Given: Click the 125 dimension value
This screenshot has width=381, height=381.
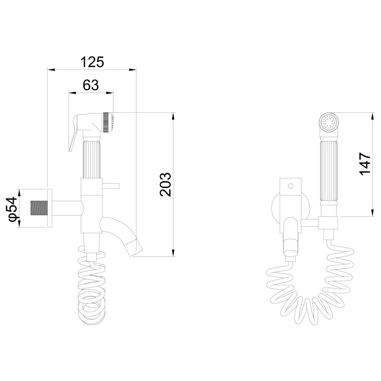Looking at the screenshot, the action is point(92,62).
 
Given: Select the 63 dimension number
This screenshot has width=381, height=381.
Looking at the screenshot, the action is point(91,85).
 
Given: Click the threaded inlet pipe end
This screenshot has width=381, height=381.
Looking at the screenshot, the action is point(39,208).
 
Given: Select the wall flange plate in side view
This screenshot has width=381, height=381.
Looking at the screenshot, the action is point(50,208).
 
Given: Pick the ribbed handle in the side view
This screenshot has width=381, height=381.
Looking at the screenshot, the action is point(91,158).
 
